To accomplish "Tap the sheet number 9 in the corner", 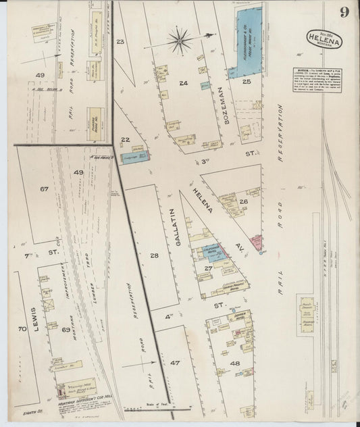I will point(344,12).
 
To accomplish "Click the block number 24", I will point(183,83).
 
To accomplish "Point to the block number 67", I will point(44,189).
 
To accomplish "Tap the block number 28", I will point(155,255).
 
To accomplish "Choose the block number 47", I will point(175,363).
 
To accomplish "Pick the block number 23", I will point(121,43).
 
